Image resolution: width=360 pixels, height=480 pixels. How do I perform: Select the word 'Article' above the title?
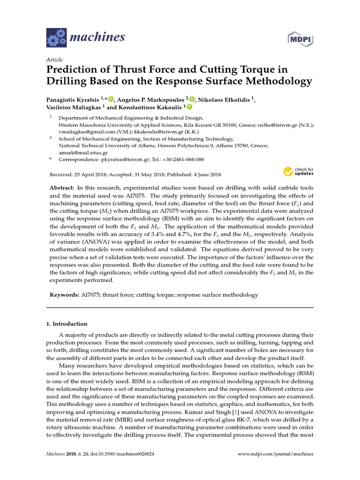54,60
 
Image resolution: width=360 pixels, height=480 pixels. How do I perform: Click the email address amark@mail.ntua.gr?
83,152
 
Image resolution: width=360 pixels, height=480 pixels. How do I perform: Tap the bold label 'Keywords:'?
65,295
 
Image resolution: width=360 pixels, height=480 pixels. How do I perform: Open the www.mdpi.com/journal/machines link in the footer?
275,454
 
